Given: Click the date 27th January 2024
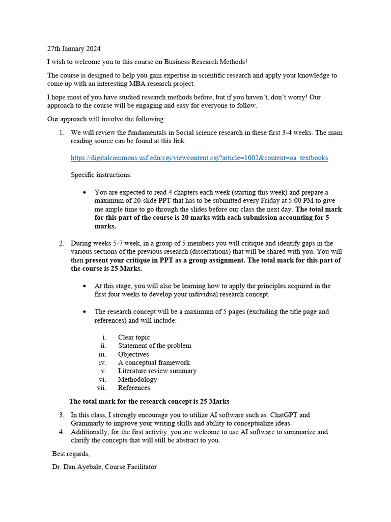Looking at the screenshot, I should (x=74, y=49).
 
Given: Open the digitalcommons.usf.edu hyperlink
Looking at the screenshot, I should (x=199, y=158).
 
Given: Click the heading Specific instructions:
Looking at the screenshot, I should (x=101, y=175).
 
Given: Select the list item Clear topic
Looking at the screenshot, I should (x=134, y=337).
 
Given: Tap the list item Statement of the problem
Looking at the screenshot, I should (x=154, y=346).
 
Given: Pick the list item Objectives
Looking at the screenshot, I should (x=133, y=354).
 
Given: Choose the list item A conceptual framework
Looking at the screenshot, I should (x=154, y=362).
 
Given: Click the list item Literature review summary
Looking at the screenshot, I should (x=157, y=371).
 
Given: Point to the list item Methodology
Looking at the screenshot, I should (x=137, y=379).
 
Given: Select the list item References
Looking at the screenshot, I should (x=134, y=388).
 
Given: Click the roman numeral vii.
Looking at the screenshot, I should (x=101, y=388).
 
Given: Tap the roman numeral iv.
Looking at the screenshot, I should (x=102, y=362).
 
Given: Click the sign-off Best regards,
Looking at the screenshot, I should (x=71, y=454).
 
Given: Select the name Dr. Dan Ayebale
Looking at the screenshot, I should (x=76, y=466).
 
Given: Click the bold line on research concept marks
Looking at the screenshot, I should (x=153, y=401).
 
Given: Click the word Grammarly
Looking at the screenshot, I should (x=88, y=423).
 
